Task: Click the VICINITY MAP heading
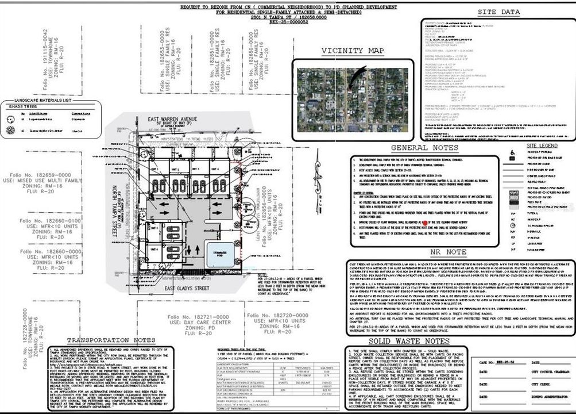[353, 51]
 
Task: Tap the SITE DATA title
[499, 12]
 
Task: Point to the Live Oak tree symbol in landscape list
[10, 131]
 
